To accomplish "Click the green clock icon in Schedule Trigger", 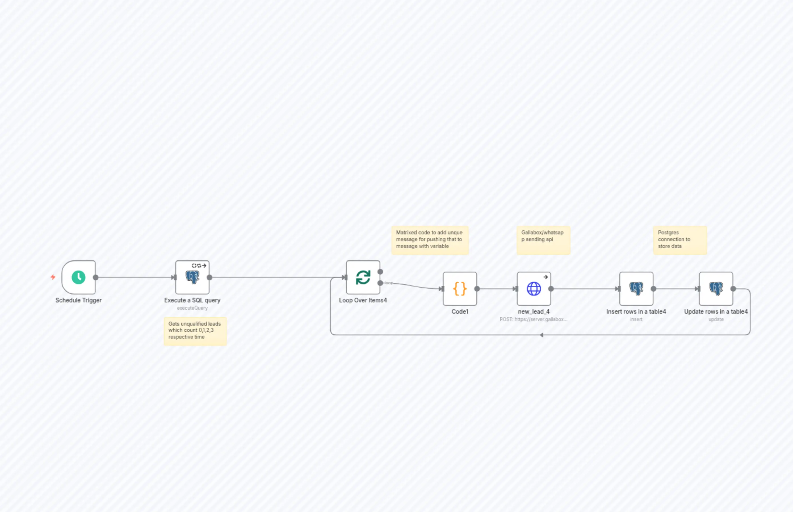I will pyautogui.click(x=79, y=277).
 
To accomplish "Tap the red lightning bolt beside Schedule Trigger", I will pyautogui.click(x=53, y=277).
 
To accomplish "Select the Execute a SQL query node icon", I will pyautogui.click(x=192, y=277).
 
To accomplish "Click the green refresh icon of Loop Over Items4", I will pyautogui.click(x=363, y=277).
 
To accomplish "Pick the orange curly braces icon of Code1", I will pyautogui.click(x=460, y=288).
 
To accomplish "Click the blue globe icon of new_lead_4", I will pyautogui.click(x=534, y=288).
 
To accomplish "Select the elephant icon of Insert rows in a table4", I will pyautogui.click(x=636, y=288).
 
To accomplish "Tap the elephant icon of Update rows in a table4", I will pyautogui.click(x=716, y=288).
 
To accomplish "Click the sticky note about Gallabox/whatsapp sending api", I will pyautogui.click(x=543, y=240).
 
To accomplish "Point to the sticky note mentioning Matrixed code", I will pyautogui.click(x=430, y=240).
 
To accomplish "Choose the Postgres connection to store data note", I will pyautogui.click(x=680, y=240).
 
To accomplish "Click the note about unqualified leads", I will pyautogui.click(x=195, y=331).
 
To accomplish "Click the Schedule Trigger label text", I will pyautogui.click(x=79, y=300).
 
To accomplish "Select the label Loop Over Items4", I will pyautogui.click(x=363, y=300).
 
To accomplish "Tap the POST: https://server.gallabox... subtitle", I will pyautogui.click(x=533, y=319).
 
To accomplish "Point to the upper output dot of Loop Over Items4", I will pyautogui.click(x=380, y=272).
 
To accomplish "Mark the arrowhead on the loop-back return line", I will pyautogui.click(x=542, y=335).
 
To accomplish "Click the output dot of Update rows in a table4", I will pyautogui.click(x=733, y=288).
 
